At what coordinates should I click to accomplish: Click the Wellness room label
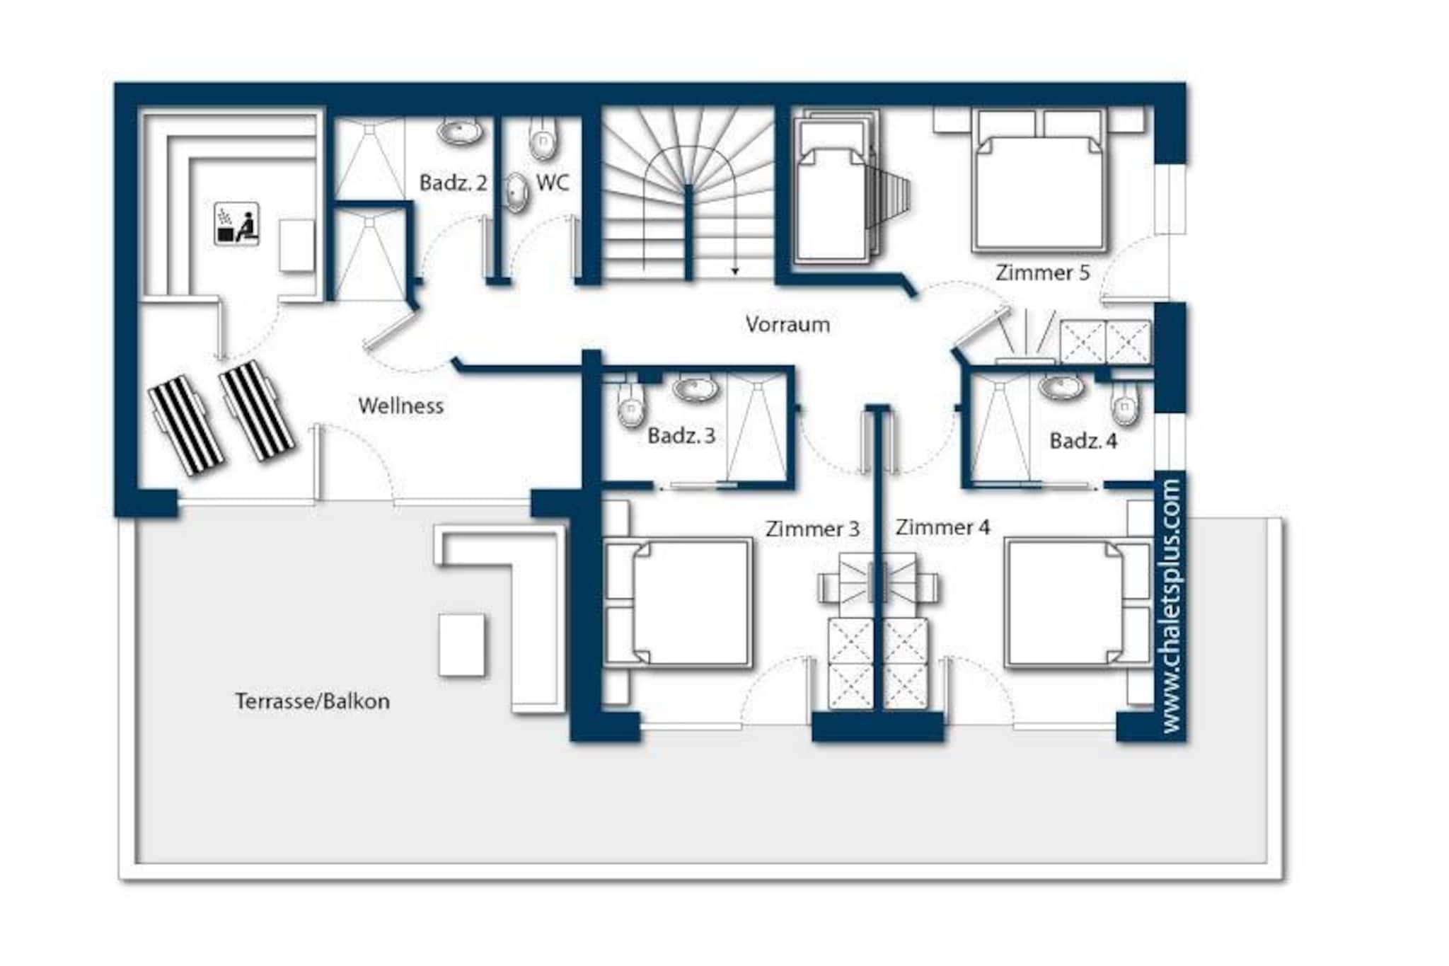400,406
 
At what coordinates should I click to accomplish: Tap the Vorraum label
787,324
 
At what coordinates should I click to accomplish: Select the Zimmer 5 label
1042,272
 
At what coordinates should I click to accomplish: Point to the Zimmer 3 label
812,529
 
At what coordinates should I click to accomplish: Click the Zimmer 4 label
942,527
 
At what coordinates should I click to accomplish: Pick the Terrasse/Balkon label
312,701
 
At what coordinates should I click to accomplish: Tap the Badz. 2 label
453,183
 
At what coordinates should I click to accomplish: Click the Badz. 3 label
681,435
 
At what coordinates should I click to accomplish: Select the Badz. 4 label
1083,441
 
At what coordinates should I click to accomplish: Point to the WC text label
553,183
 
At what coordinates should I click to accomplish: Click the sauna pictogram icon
236,224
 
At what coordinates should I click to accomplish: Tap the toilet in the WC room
543,140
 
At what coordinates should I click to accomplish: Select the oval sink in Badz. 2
460,132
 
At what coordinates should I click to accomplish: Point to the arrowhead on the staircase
735,271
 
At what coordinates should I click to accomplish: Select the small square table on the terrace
462,645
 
